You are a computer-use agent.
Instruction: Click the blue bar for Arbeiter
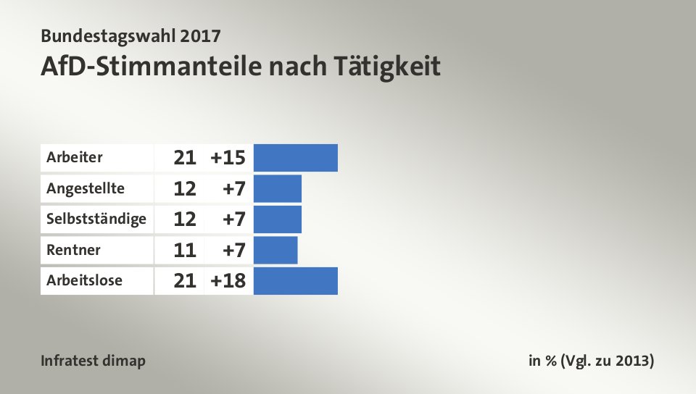(x=296, y=158)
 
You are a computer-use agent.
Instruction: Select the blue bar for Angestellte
(x=278, y=189)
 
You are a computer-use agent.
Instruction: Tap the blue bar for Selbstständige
(x=278, y=219)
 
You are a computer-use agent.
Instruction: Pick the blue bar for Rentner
(x=275, y=251)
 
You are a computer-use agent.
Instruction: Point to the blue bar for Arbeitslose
(x=296, y=281)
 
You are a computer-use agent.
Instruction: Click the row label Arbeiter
(x=75, y=157)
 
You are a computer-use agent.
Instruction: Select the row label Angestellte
(x=85, y=188)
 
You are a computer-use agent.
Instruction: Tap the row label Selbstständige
(x=96, y=219)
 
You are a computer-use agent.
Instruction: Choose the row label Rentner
(x=73, y=251)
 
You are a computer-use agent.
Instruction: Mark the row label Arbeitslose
(x=84, y=281)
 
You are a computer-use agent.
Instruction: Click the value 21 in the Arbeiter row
(x=185, y=158)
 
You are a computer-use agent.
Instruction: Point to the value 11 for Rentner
(x=185, y=251)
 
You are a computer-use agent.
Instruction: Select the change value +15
(x=228, y=158)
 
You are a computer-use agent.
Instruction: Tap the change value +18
(x=228, y=281)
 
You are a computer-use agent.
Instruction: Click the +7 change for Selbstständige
(x=233, y=219)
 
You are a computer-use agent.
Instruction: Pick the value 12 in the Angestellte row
(x=185, y=189)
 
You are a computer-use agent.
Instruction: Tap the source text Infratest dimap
(x=94, y=361)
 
